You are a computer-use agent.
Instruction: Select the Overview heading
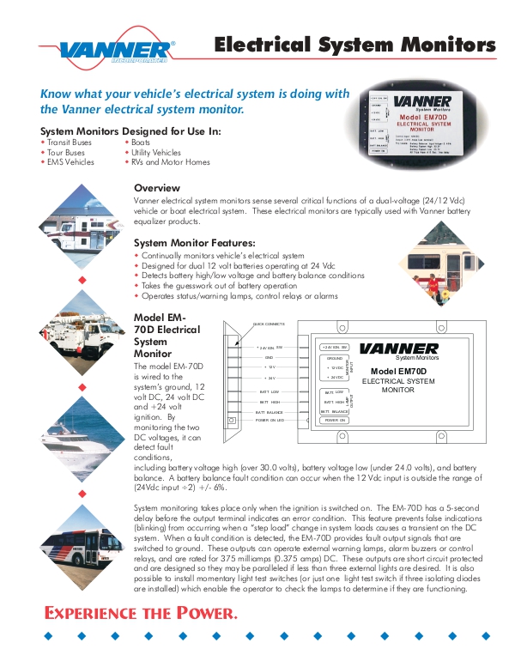(x=157, y=188)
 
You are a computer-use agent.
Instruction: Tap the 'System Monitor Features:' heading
(x=195, y=243)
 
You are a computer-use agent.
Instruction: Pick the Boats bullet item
(x=141, y=142)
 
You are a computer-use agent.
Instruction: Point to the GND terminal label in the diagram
(x=269, y=356)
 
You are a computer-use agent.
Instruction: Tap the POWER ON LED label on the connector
(x=268, y=421)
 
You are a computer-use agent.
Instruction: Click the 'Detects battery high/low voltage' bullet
(x=253, y=276)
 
